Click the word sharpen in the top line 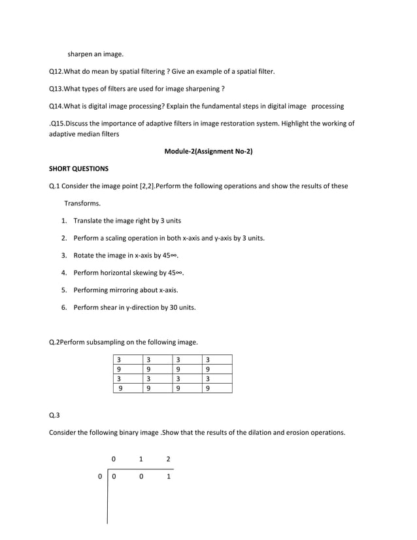pos(81,54)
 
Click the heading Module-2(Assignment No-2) pos(208,152)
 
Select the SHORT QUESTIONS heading pos(78,169)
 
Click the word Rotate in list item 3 pos(85,256)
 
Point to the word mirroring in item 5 pos(131,290)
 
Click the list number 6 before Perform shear pos(64,307)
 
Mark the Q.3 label pos(54,415)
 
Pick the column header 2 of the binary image pos(168,459)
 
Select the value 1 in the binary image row pos(168,477)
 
